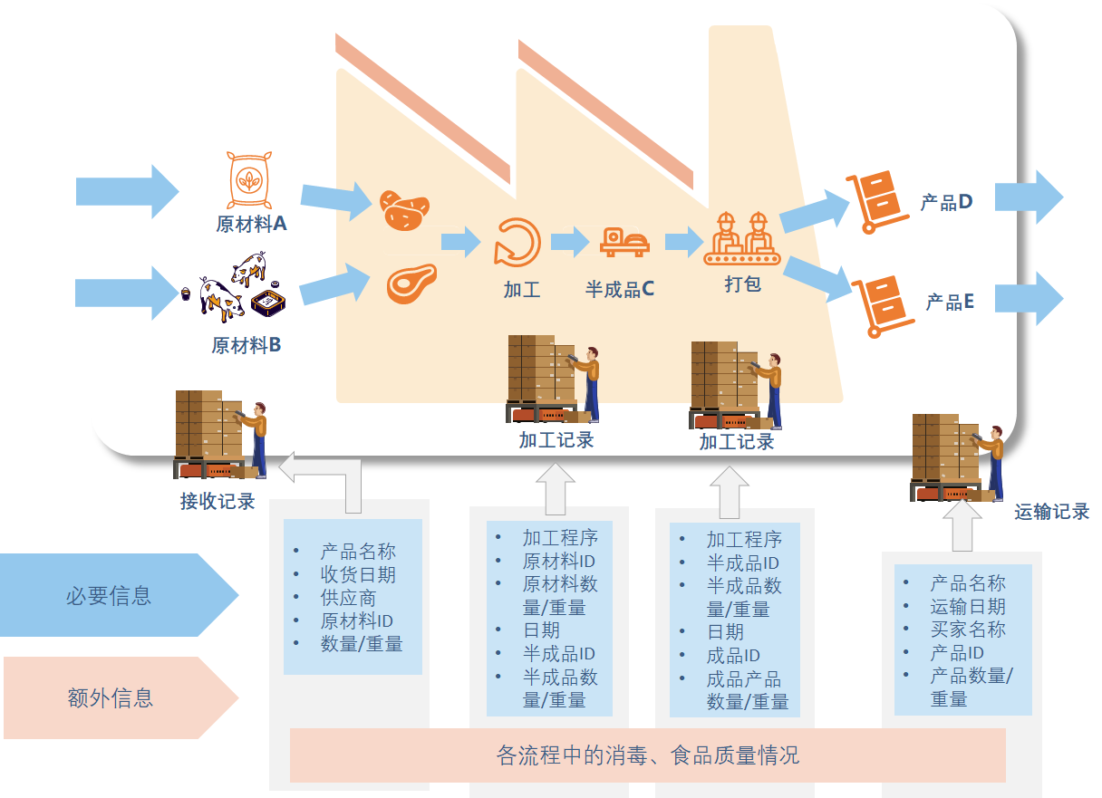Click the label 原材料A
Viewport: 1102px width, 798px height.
point(251,224)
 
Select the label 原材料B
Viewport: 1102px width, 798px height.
point(246,345)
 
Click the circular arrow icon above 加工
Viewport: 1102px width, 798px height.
point(517,242)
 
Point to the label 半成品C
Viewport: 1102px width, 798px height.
point(620,290)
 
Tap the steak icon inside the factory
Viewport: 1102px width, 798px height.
point(411,283)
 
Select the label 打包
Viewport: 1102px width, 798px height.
point(742,284)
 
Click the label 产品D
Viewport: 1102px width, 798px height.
point(946,202)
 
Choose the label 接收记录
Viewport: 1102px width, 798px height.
point(217,501)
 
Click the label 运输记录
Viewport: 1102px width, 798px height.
point(1051,512)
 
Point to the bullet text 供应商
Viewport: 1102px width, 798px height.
point(348,598)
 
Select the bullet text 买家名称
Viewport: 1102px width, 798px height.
point(968,630)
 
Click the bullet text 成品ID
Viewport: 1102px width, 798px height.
point(733,655)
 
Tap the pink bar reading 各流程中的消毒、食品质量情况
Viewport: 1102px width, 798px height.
point(647,755)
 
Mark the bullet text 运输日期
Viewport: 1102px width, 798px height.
point(968,607)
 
